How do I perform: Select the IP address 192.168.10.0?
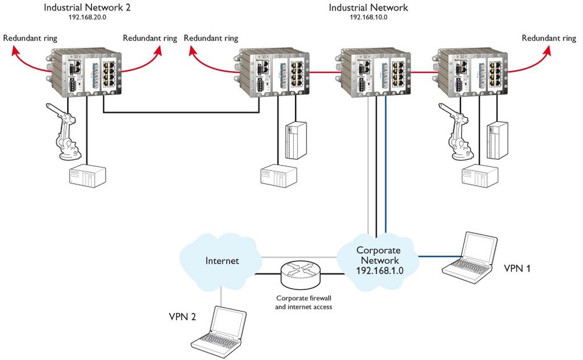pos(368,18)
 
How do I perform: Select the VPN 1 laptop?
pos(470,257)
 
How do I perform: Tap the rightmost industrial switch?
pos(470,72)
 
